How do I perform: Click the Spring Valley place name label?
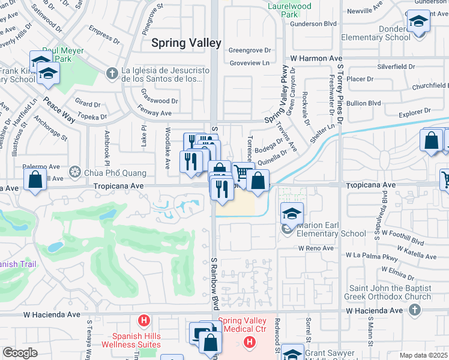pyautogui.click(x=186, y=43)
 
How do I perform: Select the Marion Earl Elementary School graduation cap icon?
pyautogui.click(x=292, y=214)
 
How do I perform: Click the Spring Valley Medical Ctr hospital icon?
pyautogui.click(x=250, y=342)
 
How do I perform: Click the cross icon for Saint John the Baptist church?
pyautogui.click(x=414, y=310)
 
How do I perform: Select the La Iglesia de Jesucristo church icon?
pyautogui.click(x=111, y=74)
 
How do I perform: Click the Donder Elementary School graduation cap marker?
pyautogui.click(x=418, y=22)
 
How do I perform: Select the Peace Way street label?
pyautogui.click(x=59, y=110)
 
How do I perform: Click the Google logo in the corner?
pyautogui.click(x=20, y=353)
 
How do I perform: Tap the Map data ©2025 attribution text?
pyautogui.click(x=423, y=355)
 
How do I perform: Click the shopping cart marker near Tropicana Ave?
pyautogui.click(x=242, y=173)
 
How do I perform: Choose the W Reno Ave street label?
pyautogui.click(x=316, y=248)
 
